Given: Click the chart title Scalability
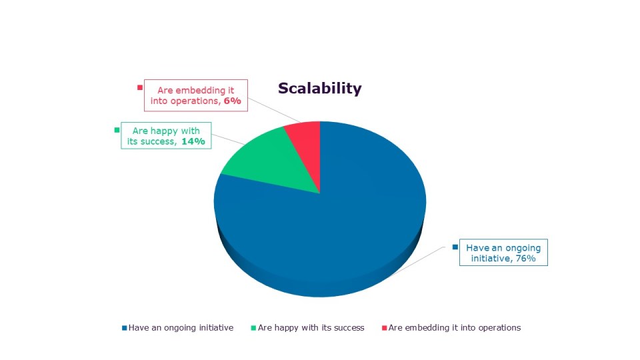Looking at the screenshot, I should [x=319, y=89].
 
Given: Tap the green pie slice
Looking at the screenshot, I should [x=267, y=160].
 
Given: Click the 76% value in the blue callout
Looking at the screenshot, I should [x=525, y=258].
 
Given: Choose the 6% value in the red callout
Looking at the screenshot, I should [x=231, y=101].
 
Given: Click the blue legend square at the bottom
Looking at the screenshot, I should [x=124, y=328].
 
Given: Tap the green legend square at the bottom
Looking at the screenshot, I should [x=253, y=328].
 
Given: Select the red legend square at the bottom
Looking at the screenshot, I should [x=384, y=328].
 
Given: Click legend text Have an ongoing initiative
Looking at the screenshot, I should [x=181, y=328].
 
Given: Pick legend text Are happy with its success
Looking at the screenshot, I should [x=311, y=328].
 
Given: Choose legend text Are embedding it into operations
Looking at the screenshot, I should [x=455, y=328].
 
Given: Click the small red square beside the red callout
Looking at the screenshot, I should [x=140, y=87].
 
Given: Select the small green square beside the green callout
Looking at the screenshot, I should [x=117, y=129].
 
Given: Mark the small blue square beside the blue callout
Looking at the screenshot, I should [x=455, y=247].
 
